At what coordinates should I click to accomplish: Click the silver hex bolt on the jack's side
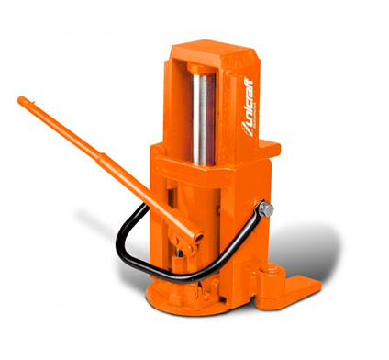pos(266,209)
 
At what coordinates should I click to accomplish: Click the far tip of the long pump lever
pos(20,99)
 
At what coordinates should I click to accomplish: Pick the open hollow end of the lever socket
pos(199,237)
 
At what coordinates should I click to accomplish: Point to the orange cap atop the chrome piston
pos(200,68)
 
